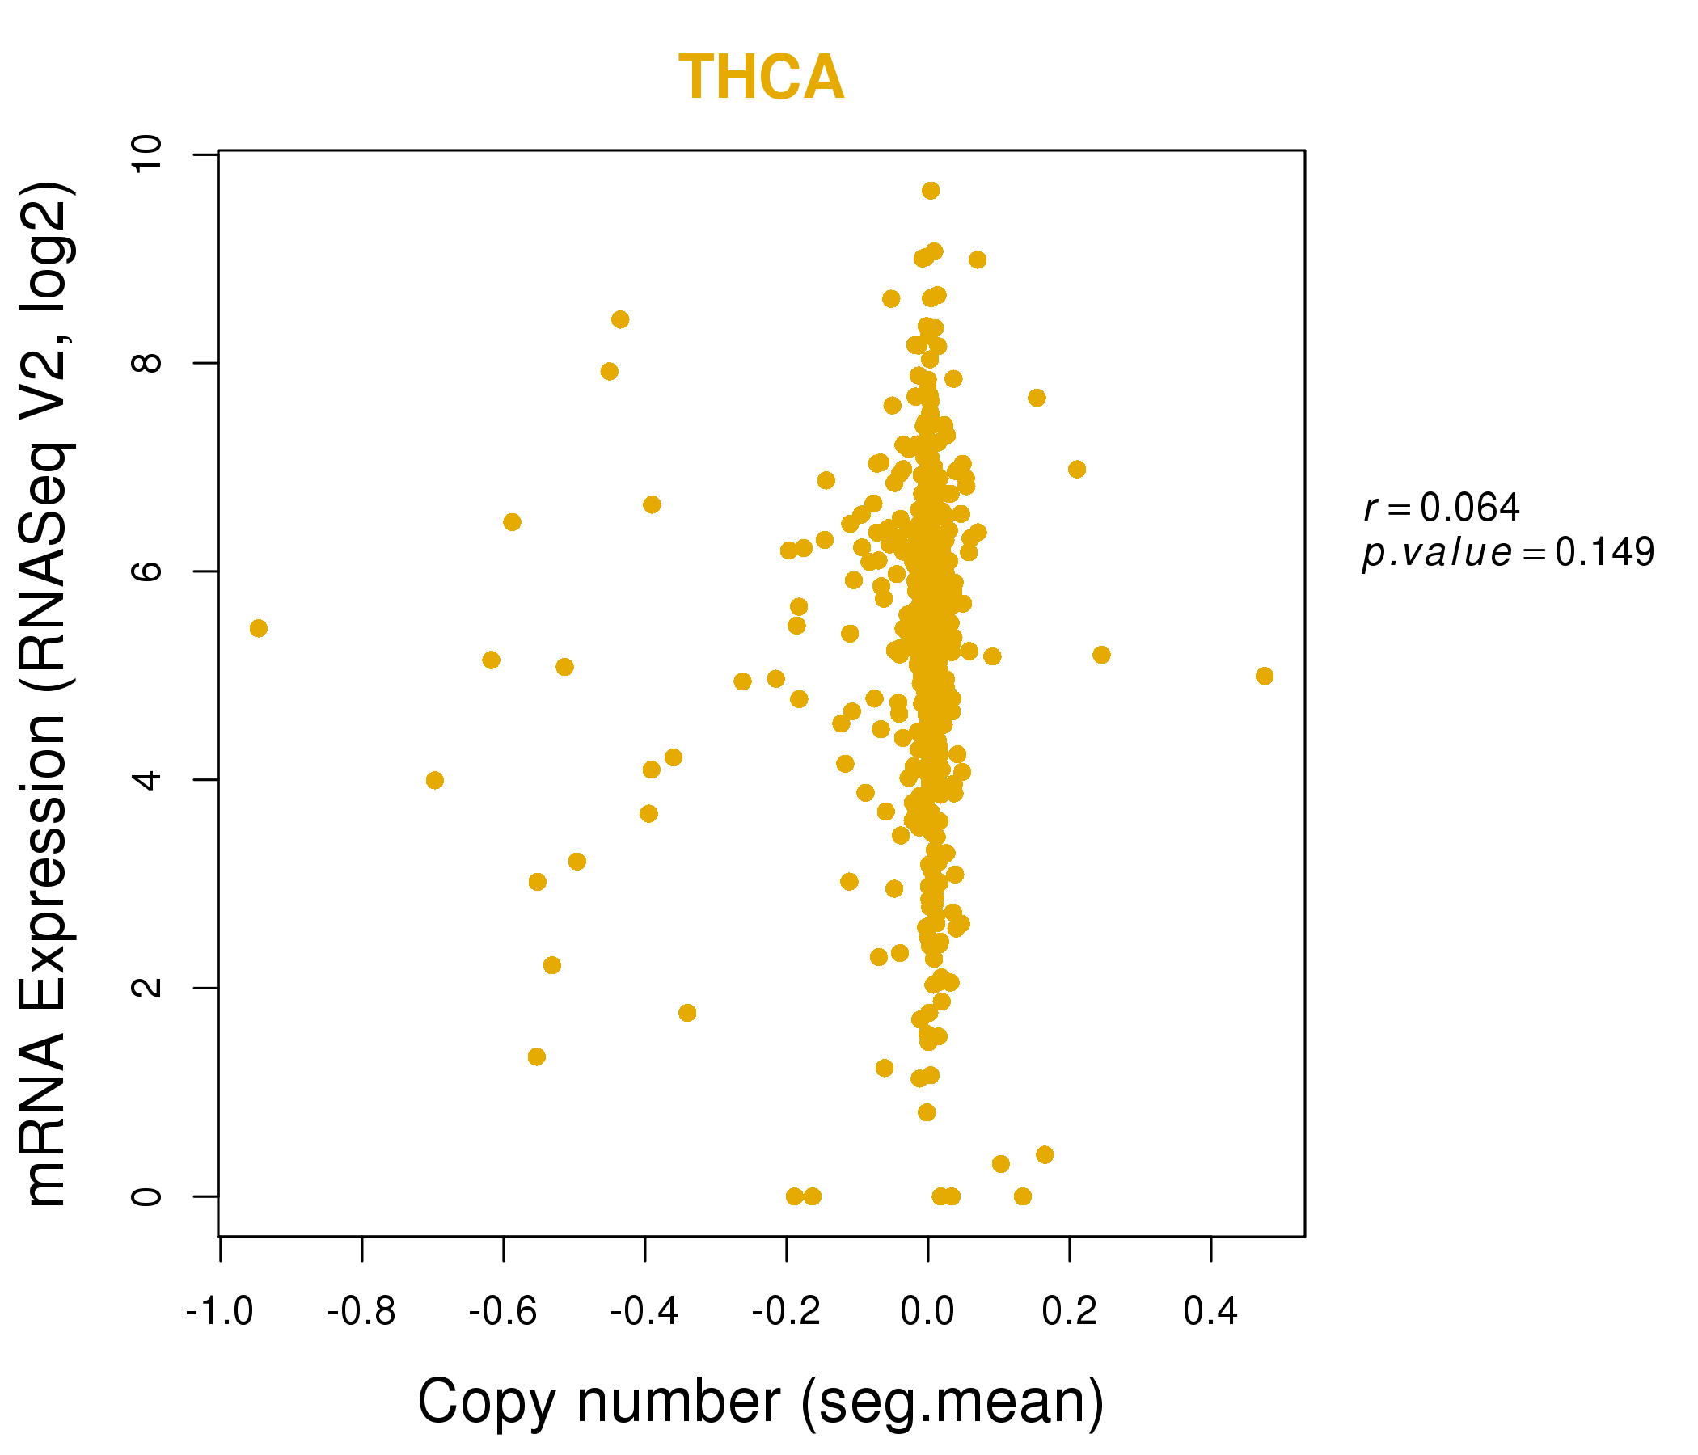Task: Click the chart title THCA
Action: pos(761,78)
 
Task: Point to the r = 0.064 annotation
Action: pos(1441,508)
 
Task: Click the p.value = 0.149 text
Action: pos(1508,553)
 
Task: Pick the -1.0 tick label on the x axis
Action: pos(220,1313)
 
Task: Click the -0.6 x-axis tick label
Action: pos(502,1313)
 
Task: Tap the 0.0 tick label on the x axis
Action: pos(927,1313)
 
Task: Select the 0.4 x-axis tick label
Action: pos(1210,1313)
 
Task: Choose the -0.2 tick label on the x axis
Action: pos(786,1313)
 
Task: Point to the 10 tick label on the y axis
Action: pos(148,154)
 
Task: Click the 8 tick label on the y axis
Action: pos(148,362)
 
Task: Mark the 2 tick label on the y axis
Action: pos(148,987)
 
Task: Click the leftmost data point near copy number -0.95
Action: pos(258,628)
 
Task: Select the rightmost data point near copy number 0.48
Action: pos(1265,676)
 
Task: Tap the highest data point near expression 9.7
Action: pos(930,191)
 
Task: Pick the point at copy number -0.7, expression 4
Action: pos(435,780)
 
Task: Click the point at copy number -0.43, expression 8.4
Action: pos(620,319)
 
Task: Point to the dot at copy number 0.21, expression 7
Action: pos(1077,470)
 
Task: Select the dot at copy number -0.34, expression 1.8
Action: pos(687,1013)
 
